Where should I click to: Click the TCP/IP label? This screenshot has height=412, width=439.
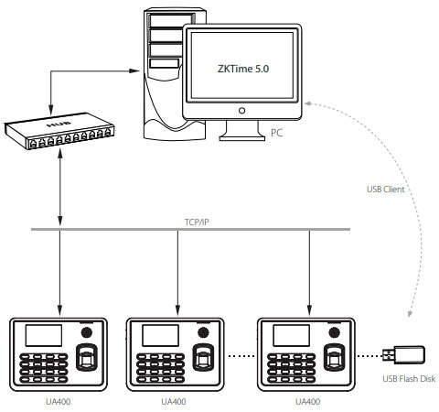coord(187,220)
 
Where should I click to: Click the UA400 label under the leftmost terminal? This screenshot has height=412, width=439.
coord(59,400)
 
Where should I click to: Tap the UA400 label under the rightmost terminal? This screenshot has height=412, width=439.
coord(308,400)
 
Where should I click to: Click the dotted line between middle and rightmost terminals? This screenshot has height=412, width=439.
coord(241,354)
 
